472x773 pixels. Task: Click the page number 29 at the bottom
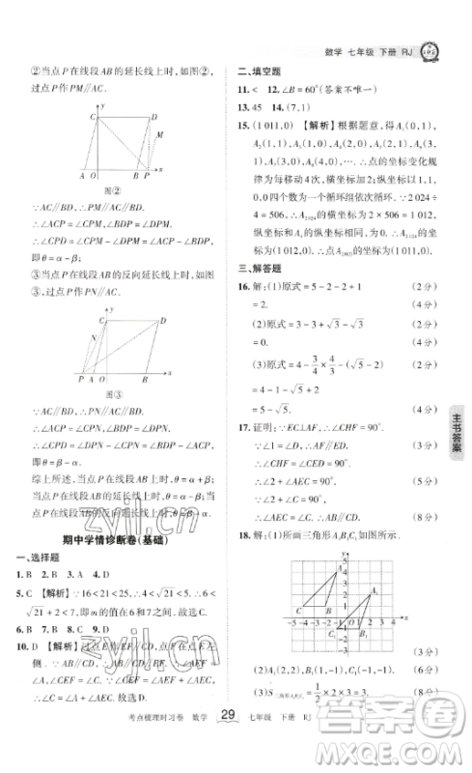tap(228, 741)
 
